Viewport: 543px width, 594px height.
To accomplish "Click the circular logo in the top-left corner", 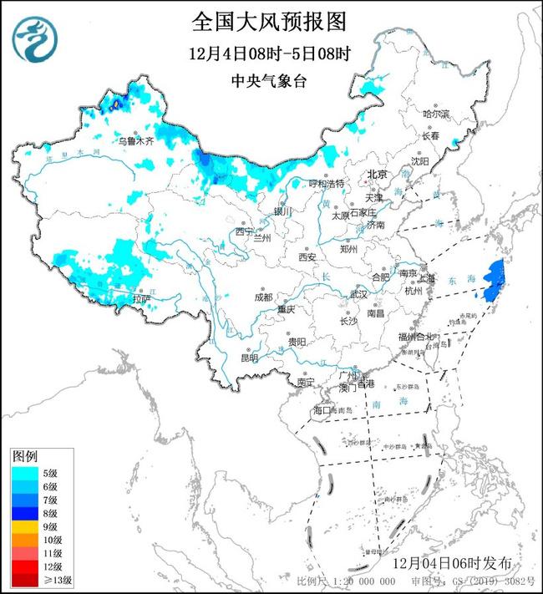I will point(37,38).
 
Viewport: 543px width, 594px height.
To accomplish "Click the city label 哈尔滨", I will point(435,113).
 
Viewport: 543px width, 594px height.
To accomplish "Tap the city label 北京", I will point(378,175).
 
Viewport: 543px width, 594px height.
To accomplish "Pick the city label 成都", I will point(263,297).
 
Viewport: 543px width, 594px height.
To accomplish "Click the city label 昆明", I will point(249,358).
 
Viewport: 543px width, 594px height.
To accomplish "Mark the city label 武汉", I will point(358,295).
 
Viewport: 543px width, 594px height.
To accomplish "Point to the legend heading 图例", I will point(24,457).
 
